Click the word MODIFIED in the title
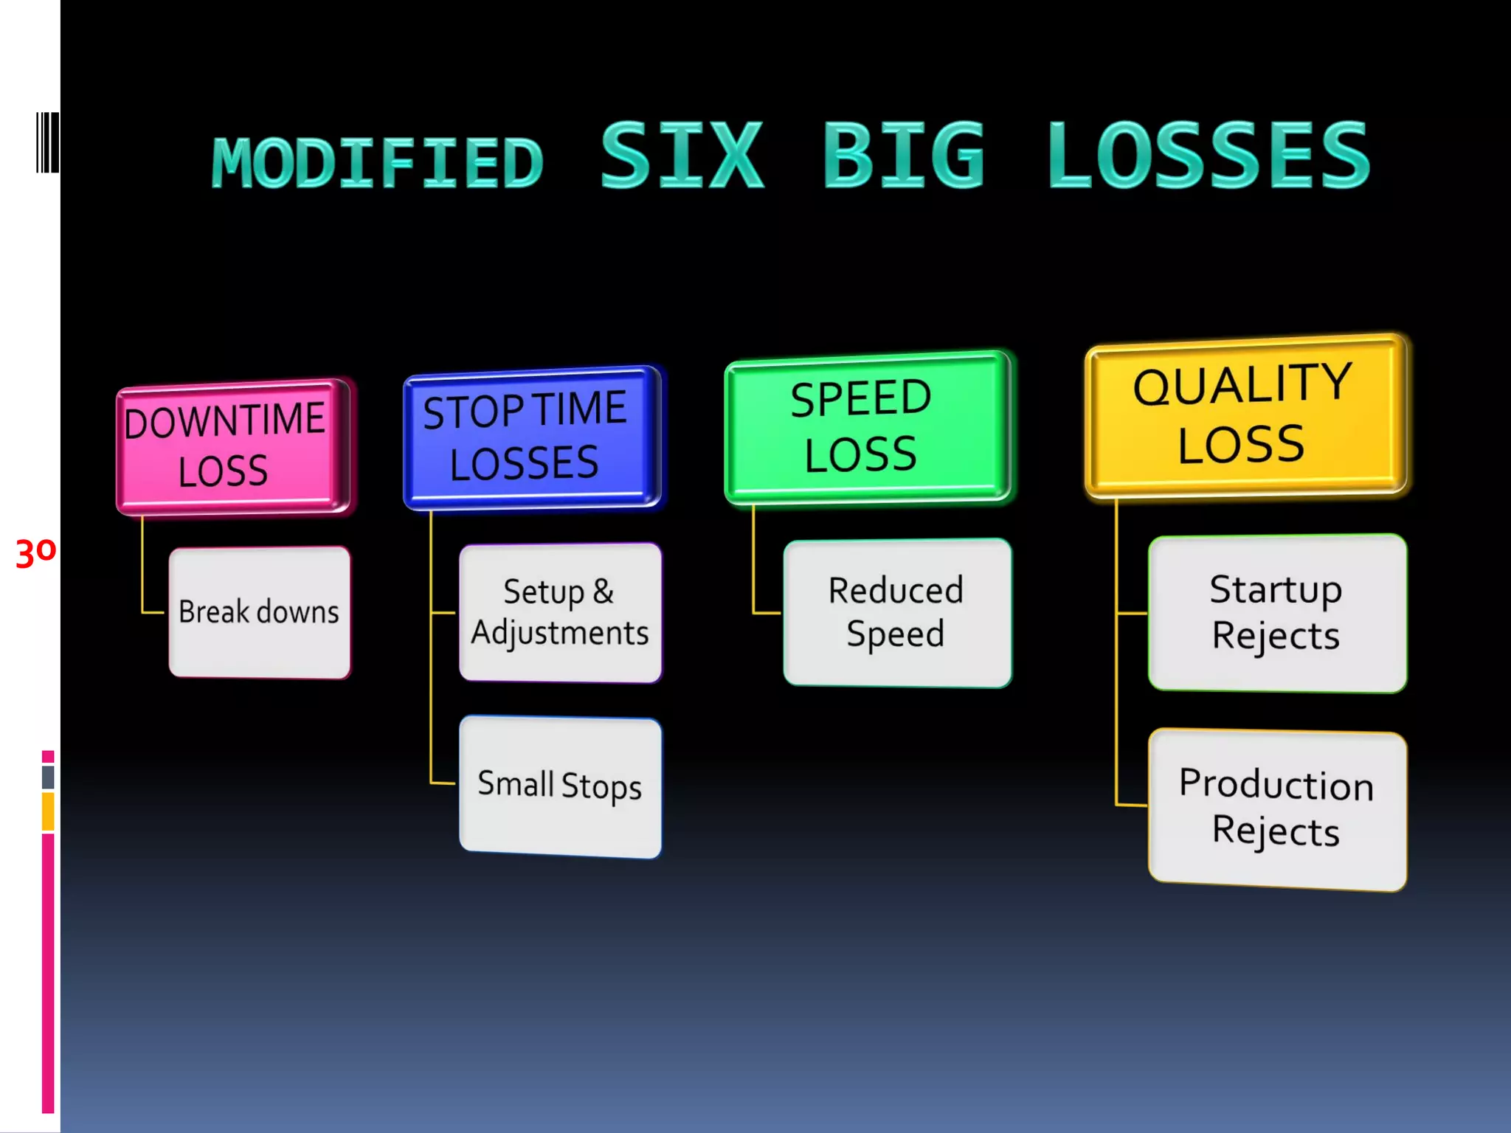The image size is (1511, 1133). pos(378,164)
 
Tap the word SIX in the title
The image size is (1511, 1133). pos(682,156)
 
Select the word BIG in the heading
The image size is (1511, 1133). pos(905,156)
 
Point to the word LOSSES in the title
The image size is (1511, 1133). pos(1209,156)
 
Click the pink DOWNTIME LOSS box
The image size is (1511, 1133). pos(233,446)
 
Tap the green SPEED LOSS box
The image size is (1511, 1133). pos(868,428)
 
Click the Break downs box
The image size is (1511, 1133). pos(260,612)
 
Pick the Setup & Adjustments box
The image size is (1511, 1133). pos(560,613)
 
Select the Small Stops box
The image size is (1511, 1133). pos(560,786)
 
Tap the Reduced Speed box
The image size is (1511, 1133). pos(896,612)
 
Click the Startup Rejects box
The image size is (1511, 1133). pos(1277,613)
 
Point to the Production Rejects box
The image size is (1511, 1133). pos(1277,809)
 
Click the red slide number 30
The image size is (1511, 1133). pos(35,552)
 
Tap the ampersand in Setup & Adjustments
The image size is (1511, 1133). pos(603,592)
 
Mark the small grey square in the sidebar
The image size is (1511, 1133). pos(48,777)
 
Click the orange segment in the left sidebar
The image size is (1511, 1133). pos(48,811)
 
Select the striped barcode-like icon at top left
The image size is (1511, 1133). pos(47,143)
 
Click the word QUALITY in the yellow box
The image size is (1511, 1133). pos(1242,385)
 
